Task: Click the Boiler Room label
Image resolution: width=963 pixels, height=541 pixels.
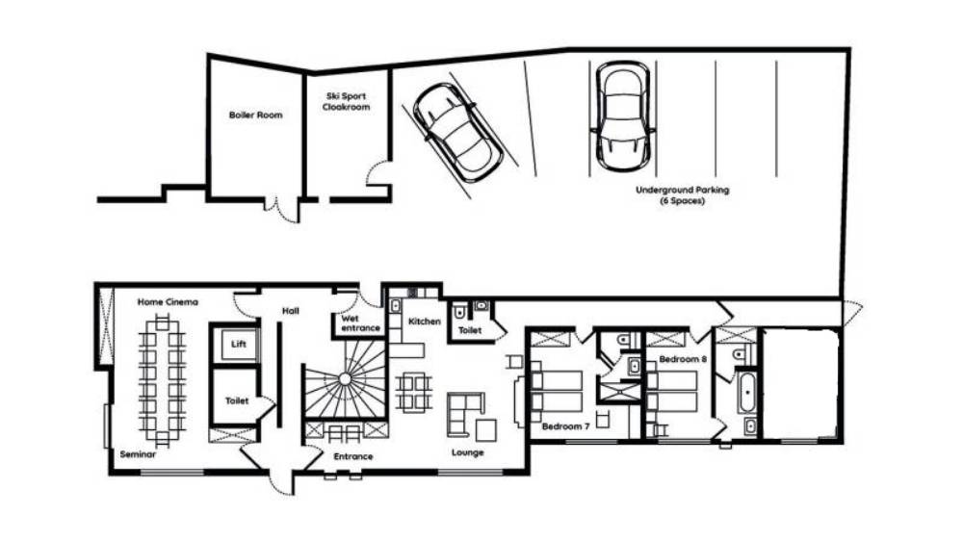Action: tap(255, 115)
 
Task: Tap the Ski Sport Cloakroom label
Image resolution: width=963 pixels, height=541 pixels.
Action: tap(347, 101)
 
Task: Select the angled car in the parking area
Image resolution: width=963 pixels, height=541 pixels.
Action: tap(457, 133)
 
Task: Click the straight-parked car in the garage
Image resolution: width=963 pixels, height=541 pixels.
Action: tap(623, 116)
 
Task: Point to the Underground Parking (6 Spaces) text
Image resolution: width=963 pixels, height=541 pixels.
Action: tap(683, 195)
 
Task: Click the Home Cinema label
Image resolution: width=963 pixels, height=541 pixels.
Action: tap(168, 301)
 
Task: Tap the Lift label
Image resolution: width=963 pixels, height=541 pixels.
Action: tap(238, 344)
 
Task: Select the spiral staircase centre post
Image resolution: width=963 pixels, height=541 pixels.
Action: tap(345, 379)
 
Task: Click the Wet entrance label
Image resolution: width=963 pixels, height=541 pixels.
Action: tap(360, 323)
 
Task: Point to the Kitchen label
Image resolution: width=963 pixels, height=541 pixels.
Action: tap(425, 322)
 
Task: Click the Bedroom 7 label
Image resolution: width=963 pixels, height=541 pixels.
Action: tap(565, 426)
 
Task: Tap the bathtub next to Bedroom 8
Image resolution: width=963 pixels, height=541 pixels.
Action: tap(747, 392)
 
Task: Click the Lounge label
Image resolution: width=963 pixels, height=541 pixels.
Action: tap(467, 452)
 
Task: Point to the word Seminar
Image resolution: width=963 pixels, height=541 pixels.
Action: tap(138, 454)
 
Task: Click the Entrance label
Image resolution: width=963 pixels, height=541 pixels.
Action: tap(353, 456)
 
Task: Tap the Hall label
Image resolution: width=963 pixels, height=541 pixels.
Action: tap(291, 311)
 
